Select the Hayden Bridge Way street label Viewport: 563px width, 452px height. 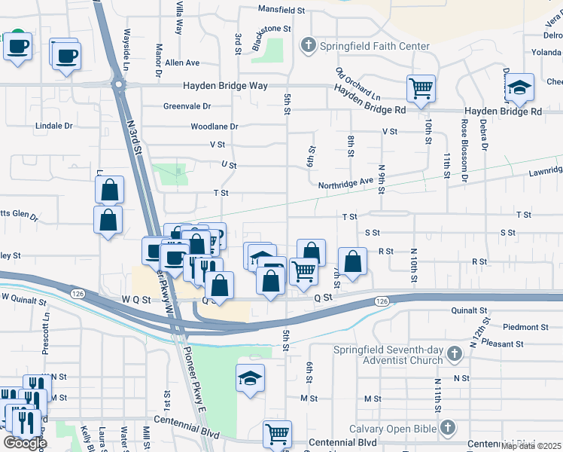pyautogui.click(x=226, y=87)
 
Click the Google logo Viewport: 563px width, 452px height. pyautogui.click(x=26, y=443)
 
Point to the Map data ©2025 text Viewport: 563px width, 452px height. pyautogui.click(x=531, y=446)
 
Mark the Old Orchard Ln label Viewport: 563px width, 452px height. pyautogui.click(x=358, y=86)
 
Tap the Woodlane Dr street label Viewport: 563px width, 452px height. pyautogui.click(x=214, y=127)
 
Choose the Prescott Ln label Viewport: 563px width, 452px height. pyautogui.click(x=47, y=332)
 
